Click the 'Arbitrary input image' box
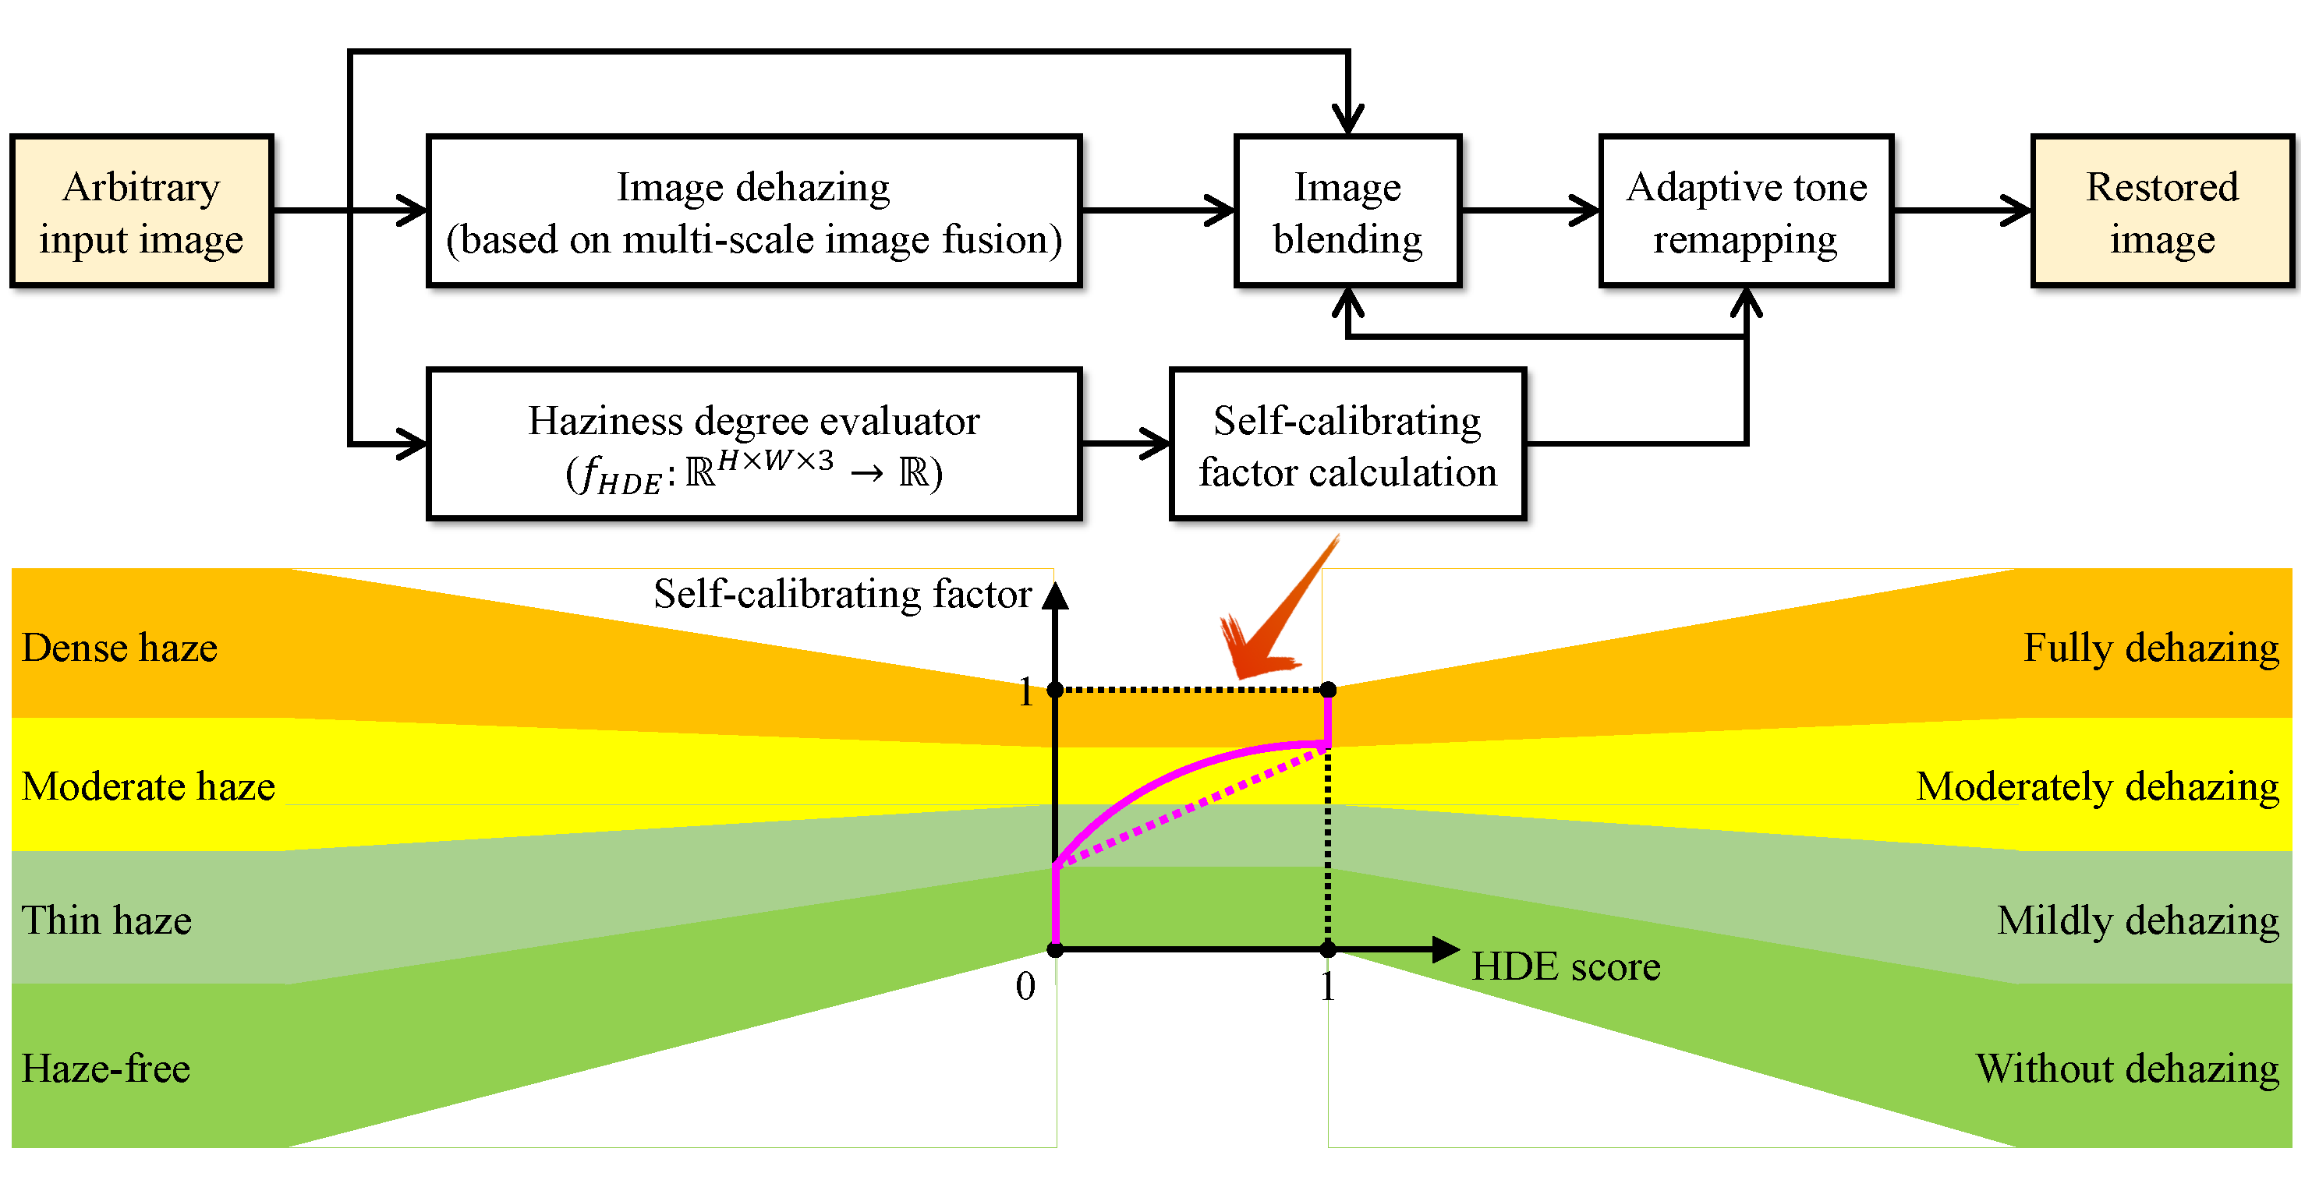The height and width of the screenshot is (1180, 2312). coord(141,212)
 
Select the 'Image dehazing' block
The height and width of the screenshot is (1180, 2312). coord(754,212)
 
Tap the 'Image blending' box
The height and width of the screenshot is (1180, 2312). coord(1347,212)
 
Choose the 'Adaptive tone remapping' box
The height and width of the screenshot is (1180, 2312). coord(1746,212)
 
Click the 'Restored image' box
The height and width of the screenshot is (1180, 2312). coord(2162,212)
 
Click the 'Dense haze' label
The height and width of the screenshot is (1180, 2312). coord(119,648)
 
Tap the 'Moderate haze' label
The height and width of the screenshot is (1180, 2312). coord(148,786)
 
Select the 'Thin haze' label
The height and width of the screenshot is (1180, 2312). coord(106,920)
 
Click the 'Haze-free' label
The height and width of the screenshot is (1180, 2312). coord(105,1069)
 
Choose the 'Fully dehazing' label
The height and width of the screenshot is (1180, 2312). coord(2151,648)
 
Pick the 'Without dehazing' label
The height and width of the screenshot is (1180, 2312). coord(2126,1069)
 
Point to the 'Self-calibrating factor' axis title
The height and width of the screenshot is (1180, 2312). coord(842,594)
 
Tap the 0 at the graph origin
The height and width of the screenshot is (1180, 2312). coord(1025,986)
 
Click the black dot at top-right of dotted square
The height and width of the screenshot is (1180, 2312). coord(1328,690)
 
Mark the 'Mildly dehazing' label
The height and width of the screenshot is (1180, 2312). coord(2137,920)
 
